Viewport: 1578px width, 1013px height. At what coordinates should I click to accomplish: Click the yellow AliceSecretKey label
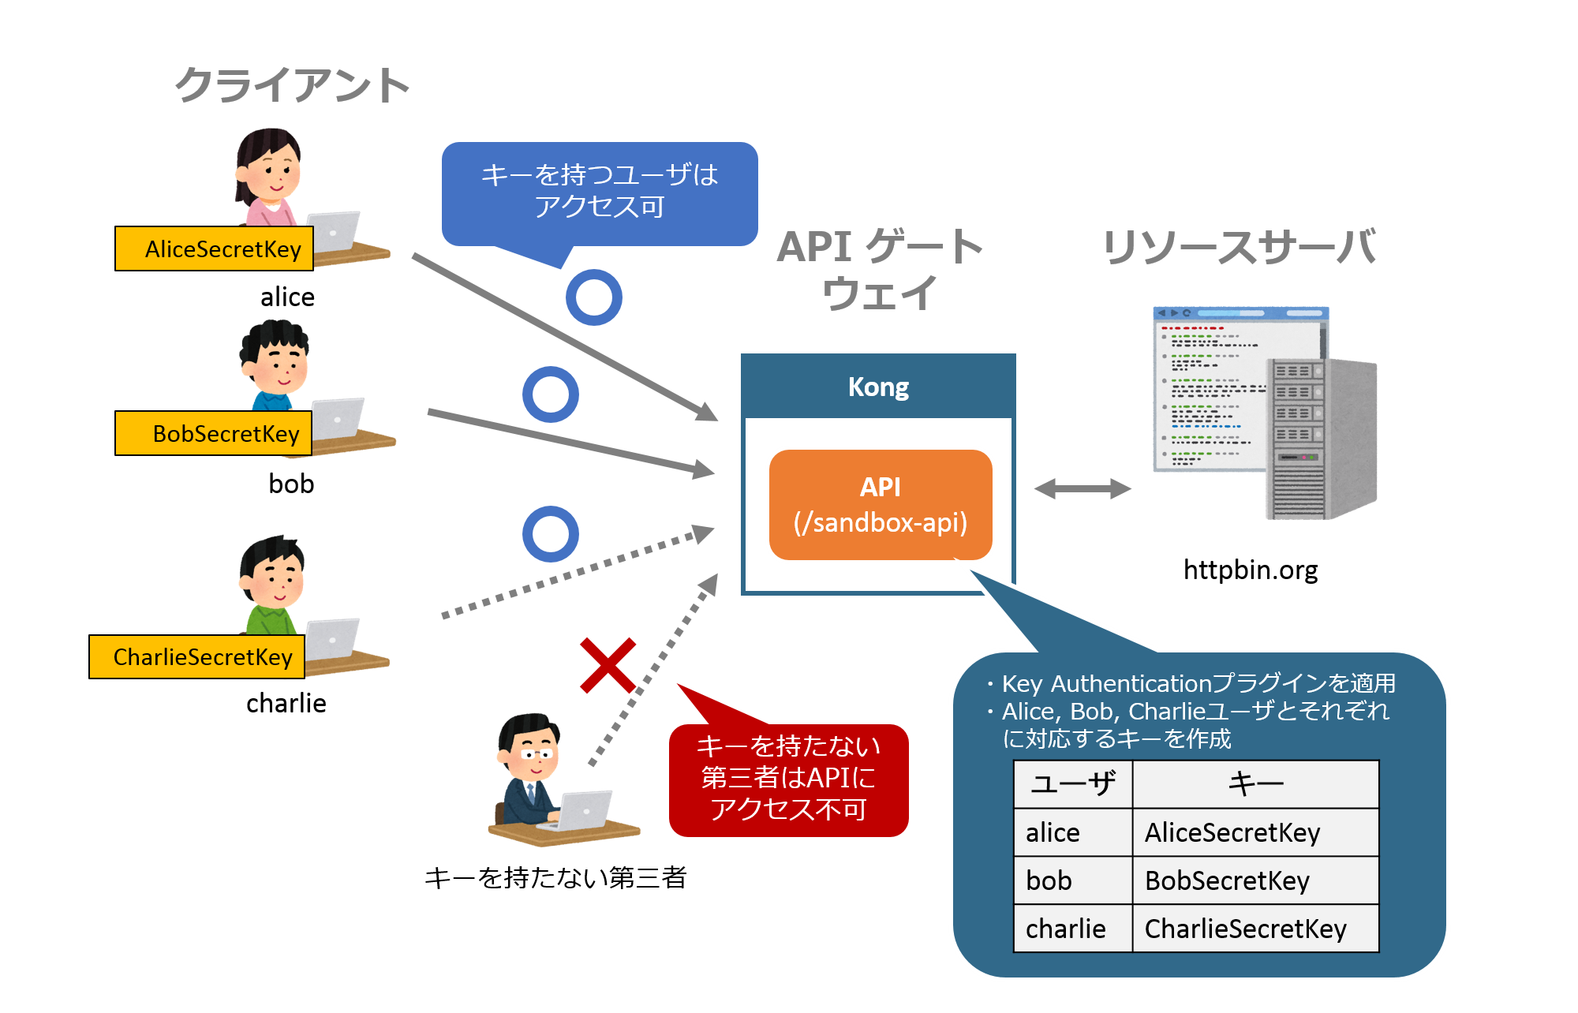pyautogui.click(x=215, y=249)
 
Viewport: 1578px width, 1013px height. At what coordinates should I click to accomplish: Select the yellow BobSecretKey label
pyautogui.click(x=214, y=434)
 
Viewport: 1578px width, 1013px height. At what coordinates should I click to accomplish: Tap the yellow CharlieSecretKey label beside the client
pyautogui.click(x=197, y=657)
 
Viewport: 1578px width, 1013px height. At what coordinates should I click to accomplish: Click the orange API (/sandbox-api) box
pyautogui.click(x=881, y=505)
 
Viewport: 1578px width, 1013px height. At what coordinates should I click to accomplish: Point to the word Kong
pyautogui.click(x=878, y=387)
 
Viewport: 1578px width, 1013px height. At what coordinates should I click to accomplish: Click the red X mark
pyautogui.click(x=608, y=665)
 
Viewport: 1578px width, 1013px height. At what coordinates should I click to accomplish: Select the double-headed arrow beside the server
pyautogui.click(x=1083, y=489)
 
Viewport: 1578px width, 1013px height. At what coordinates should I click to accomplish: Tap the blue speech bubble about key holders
pyautogui.click(x=600, y=192)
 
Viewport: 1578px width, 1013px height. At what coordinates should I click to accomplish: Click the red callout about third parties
pyautogui.click(x=789, y=779)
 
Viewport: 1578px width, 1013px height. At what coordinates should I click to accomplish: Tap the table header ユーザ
pyautogui.click(x=1072, y=784)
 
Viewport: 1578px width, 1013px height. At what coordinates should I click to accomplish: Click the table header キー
pyautogui.click(x=1255, y=784)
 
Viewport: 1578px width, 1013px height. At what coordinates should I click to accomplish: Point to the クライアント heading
pyautogui.click(x=293, y=85)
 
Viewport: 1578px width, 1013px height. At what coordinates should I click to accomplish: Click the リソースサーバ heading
pyautogui.click(x=1240, y=247)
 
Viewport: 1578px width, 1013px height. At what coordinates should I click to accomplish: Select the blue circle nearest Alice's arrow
pyautogui.click(x=594, y=297)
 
